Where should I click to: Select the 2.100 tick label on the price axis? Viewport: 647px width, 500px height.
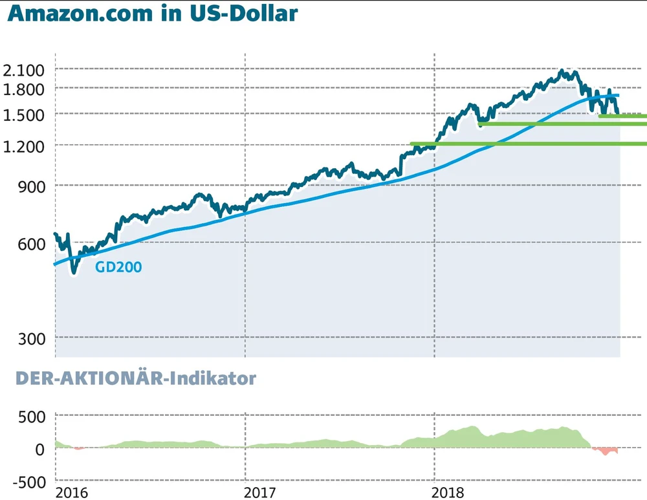(x=23, y=70)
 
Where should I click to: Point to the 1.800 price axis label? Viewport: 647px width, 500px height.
(x=23, y=88)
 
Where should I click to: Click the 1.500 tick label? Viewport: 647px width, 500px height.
(x=23, y=114)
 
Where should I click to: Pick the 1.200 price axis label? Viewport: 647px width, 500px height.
(x=23, y=146)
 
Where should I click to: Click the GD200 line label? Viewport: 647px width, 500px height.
(x=118, y=266)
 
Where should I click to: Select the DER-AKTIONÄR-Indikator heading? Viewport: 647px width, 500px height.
(x=135, y=379)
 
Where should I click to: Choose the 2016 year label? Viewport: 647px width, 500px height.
(x=71, y=493)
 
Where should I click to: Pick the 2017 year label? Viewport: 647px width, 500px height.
(x=260, y=493)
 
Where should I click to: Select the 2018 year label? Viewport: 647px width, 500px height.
(x=449, y=493)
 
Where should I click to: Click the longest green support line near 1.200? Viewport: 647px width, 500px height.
(x=528, y=144)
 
